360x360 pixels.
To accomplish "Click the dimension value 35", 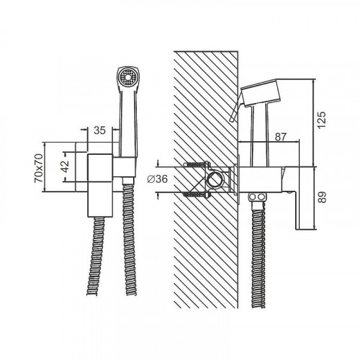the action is click(x=99, y=130).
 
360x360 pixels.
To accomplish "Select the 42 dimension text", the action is click(x=66, y=166).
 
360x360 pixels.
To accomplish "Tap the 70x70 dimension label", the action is click(x=39, y=168).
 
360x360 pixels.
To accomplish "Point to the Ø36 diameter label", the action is click(x=157, y=179).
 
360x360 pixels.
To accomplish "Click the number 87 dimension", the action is click(x=281, y=137).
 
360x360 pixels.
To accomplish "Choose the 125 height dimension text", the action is click(x=322, y=120).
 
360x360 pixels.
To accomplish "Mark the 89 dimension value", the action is click(x=323, y=197).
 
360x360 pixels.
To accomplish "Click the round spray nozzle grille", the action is click(x=128, y=77).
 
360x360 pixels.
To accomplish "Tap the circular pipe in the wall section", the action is click(x=215, y=180).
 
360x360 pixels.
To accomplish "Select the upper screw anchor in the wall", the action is click(x=197, y=165).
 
